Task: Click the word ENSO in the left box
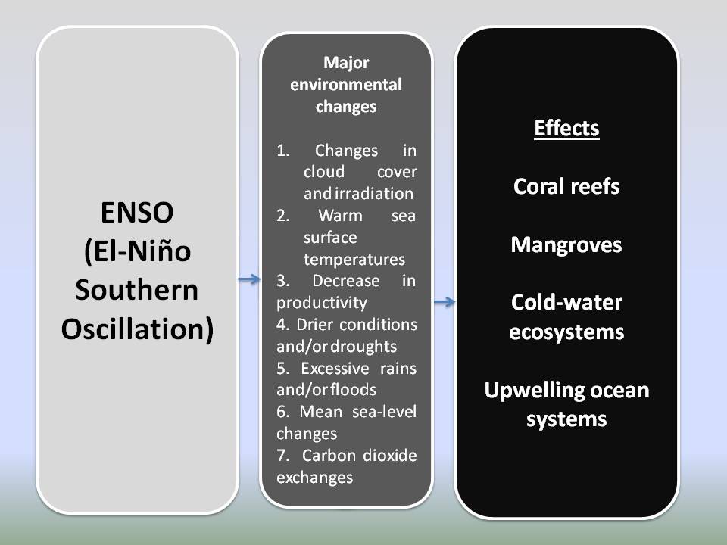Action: [137, 213]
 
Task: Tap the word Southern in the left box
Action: [137, 290]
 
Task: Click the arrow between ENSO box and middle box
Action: [248, 280]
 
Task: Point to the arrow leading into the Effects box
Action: [445, 302]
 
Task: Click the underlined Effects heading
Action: [566, 129]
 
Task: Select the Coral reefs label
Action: [566, 186]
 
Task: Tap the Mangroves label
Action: [566, 244]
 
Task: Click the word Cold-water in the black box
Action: [566, 303]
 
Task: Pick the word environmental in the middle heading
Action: [346, 84]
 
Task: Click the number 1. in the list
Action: [283, 150]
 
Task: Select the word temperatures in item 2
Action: [354, 259]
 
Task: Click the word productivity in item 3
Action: [322, 303]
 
